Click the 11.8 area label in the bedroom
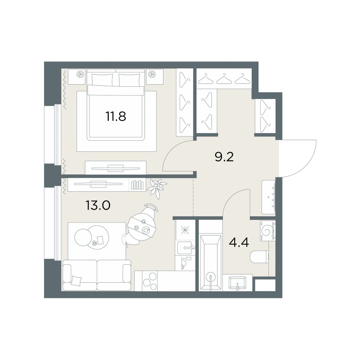click(116, 116)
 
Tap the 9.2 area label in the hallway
click(224, 157)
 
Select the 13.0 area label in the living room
click(98, 205)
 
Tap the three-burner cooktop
click(150, 281)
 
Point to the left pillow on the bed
click(102, 80)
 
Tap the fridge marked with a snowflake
click(185, 230)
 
